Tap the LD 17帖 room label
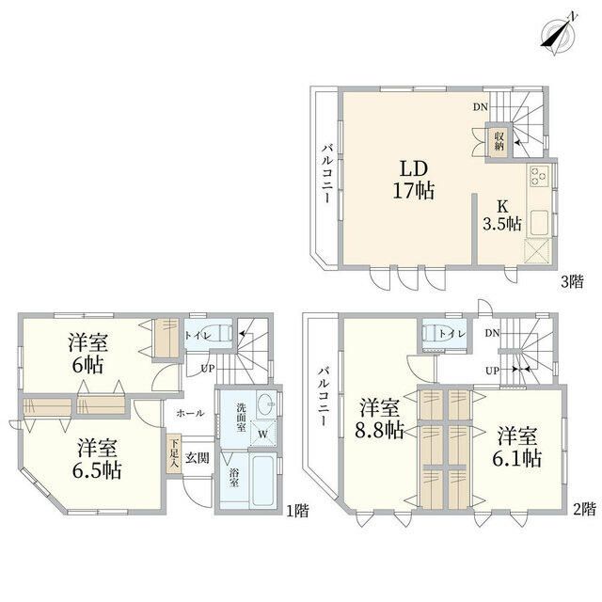tap(414, 180)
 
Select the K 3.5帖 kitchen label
tap(501, 215)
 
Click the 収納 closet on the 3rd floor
tap(499, 141)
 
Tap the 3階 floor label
tap(572, 282)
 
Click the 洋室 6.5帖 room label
tap(97, 459)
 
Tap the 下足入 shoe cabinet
tap(173, 454)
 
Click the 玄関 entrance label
tap(198, 458)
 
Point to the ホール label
tap(190, 413)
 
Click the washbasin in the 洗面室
tap(265, 404)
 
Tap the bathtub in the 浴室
tap(262, 481)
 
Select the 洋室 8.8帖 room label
tap(379, 420)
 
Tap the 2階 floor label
tap(584, 509)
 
